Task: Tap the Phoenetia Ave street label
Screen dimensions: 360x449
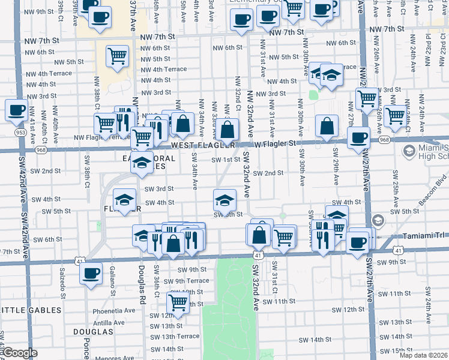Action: pos(115,311)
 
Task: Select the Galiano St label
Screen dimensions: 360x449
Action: pos(113,282)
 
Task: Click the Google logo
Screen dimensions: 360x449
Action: pos(20,353)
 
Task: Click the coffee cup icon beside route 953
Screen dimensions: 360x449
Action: pos(16,110)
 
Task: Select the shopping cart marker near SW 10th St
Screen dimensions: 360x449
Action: pos(178,303)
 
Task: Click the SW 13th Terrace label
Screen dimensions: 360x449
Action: pos(175,337)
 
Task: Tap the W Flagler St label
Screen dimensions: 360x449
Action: pos(275,143)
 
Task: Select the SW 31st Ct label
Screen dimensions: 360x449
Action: pos(274,274)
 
